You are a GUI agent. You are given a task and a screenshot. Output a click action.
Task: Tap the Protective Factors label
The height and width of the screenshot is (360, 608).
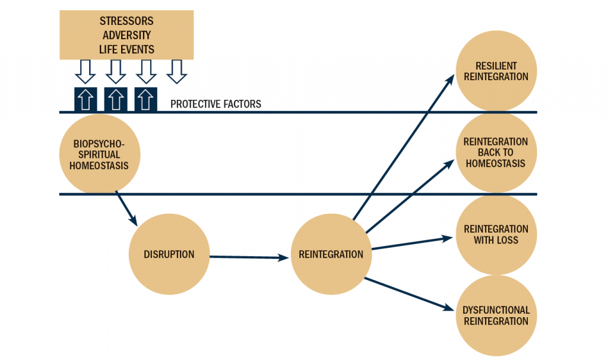216,104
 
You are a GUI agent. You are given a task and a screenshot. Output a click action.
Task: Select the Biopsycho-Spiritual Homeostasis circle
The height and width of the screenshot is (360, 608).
99,154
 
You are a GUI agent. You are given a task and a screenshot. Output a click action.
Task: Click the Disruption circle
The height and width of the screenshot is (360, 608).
169,254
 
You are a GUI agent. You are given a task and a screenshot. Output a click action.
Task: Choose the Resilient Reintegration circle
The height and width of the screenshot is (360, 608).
496,71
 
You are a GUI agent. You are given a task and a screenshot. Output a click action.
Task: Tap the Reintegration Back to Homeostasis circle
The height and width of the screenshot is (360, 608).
496,153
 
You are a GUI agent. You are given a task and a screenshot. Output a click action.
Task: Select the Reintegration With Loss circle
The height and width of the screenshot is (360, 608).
496,234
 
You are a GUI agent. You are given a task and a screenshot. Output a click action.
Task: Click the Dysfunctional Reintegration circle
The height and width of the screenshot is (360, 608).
496,315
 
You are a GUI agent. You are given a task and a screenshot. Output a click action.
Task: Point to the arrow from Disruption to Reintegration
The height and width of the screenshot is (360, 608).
249,257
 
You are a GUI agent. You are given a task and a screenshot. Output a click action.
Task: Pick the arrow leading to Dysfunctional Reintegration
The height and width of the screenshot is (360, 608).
410,293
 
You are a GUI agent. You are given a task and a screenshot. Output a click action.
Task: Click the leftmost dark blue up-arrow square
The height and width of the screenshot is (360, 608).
85,99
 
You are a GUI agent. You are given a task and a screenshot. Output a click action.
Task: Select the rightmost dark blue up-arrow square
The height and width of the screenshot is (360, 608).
146,99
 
